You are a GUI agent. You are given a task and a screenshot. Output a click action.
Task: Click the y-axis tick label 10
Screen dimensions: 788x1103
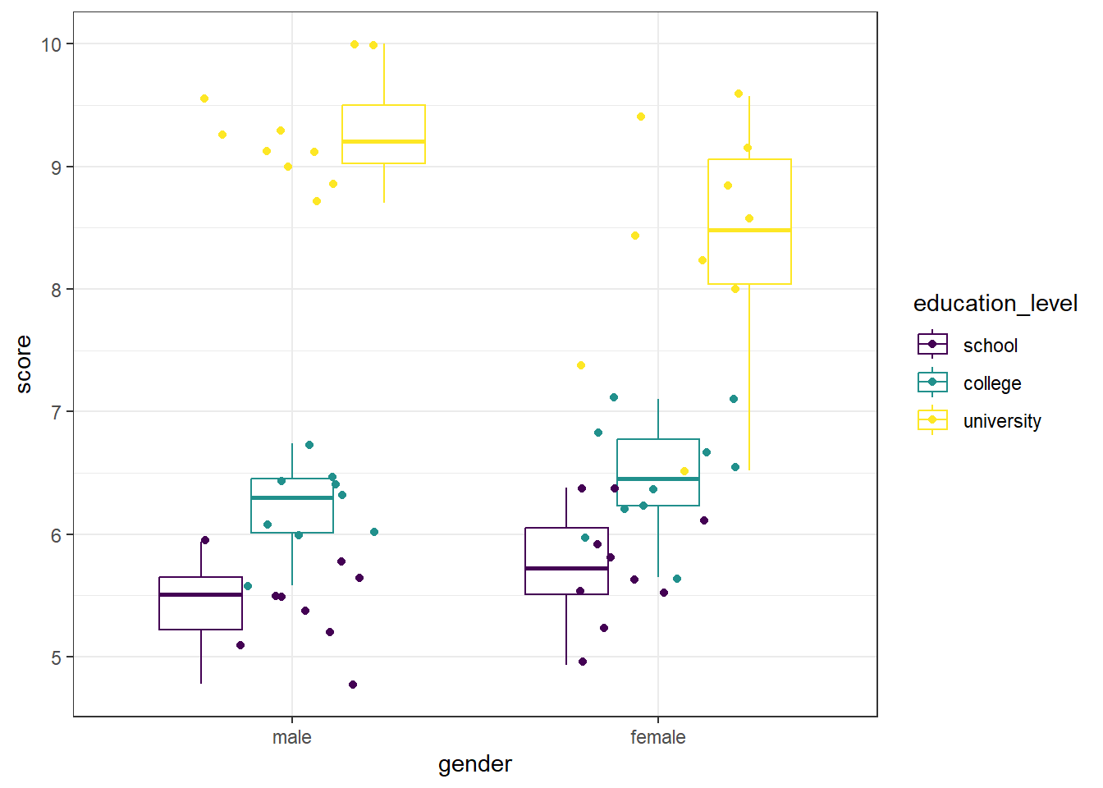pos(51,44)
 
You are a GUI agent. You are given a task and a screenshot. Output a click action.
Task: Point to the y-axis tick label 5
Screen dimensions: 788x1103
pos(56,657)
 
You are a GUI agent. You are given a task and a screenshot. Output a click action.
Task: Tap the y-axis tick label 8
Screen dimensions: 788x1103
pos(56,290)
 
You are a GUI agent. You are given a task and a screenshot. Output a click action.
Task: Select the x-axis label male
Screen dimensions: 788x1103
pos(291,737)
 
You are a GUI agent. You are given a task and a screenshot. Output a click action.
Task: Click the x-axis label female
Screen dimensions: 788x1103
pos(657,737)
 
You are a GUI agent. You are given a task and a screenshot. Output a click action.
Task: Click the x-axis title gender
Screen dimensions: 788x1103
pos(474,764)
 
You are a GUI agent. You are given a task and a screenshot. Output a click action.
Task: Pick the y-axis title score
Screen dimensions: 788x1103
pos(24,364)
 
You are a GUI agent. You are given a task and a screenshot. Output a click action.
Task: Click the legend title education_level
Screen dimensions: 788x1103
pos(995,304)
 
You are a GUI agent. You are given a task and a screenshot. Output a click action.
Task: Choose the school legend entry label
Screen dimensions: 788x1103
pos(990,346)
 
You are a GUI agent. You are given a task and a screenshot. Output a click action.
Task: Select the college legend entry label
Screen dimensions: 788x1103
pos(991,383)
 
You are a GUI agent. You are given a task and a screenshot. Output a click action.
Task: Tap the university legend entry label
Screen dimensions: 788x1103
pos(1001,421)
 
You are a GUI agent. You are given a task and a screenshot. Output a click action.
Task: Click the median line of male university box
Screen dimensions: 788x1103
pos(383,142)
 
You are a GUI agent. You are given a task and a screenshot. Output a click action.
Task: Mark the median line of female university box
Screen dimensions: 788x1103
pos(749,231)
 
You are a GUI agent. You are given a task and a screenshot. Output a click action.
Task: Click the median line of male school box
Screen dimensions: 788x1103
pos(200,594)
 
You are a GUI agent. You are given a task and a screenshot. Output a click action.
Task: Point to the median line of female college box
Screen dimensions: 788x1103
pos(657,479)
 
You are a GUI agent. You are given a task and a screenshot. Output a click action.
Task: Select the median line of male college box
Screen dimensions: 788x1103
pos(291,497)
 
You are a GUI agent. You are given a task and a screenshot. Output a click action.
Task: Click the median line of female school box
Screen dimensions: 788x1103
pos(566,568)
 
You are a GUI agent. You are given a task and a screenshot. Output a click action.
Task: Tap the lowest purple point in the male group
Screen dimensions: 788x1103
pos(353,685)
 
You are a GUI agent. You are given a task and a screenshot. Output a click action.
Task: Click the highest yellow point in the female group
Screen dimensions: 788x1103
pos(739,94)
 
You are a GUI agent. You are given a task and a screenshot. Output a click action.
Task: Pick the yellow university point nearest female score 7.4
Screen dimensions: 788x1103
pos(581,365)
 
